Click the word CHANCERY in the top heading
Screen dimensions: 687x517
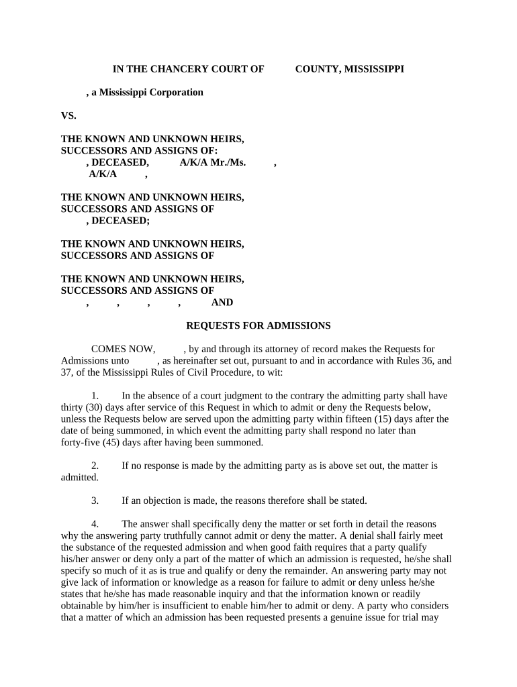click(x=181, y=68)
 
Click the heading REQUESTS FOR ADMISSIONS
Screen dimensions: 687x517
click(x=258, y=325)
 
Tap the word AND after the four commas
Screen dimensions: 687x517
click(x=222, y=303)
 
